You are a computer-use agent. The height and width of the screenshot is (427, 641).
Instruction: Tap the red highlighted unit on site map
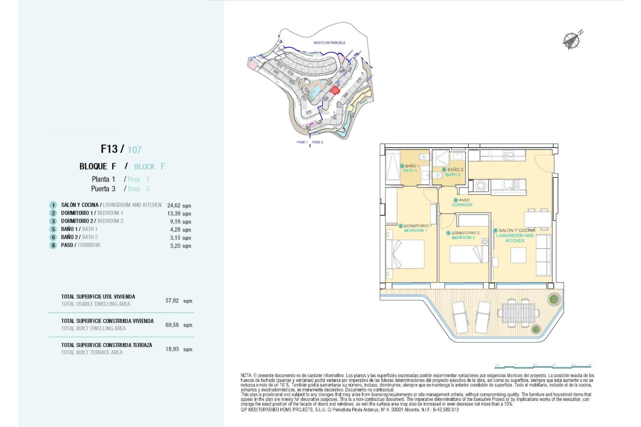[x=335, y=90]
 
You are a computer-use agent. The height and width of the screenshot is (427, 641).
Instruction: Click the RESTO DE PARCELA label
[x=329, y=43]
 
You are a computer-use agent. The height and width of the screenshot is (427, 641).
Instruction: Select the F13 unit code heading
[x=109, y=149]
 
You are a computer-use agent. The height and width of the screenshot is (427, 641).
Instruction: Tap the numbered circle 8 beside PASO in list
[x=53, y=246]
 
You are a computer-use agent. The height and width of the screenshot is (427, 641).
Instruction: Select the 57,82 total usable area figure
[x=172, y=301]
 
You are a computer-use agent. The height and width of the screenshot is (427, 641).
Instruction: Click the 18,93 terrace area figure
[x=172, y=349]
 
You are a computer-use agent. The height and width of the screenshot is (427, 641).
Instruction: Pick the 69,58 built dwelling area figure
[x=172, y=325]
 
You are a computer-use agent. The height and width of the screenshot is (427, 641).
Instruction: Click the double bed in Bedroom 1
[x=405, y=254]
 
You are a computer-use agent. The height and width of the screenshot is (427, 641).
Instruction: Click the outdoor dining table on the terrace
[x=518, y=313]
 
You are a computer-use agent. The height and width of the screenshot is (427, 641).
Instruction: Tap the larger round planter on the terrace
[x=554, y=299]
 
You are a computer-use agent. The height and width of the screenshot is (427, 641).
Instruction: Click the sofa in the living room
[x=543, y=255]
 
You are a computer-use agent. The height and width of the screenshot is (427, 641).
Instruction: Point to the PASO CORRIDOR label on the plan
[x=462, y=202]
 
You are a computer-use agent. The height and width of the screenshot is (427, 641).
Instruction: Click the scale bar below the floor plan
[x=543, y=366]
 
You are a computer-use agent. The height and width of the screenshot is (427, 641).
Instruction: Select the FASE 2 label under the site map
[x=317, y=142]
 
